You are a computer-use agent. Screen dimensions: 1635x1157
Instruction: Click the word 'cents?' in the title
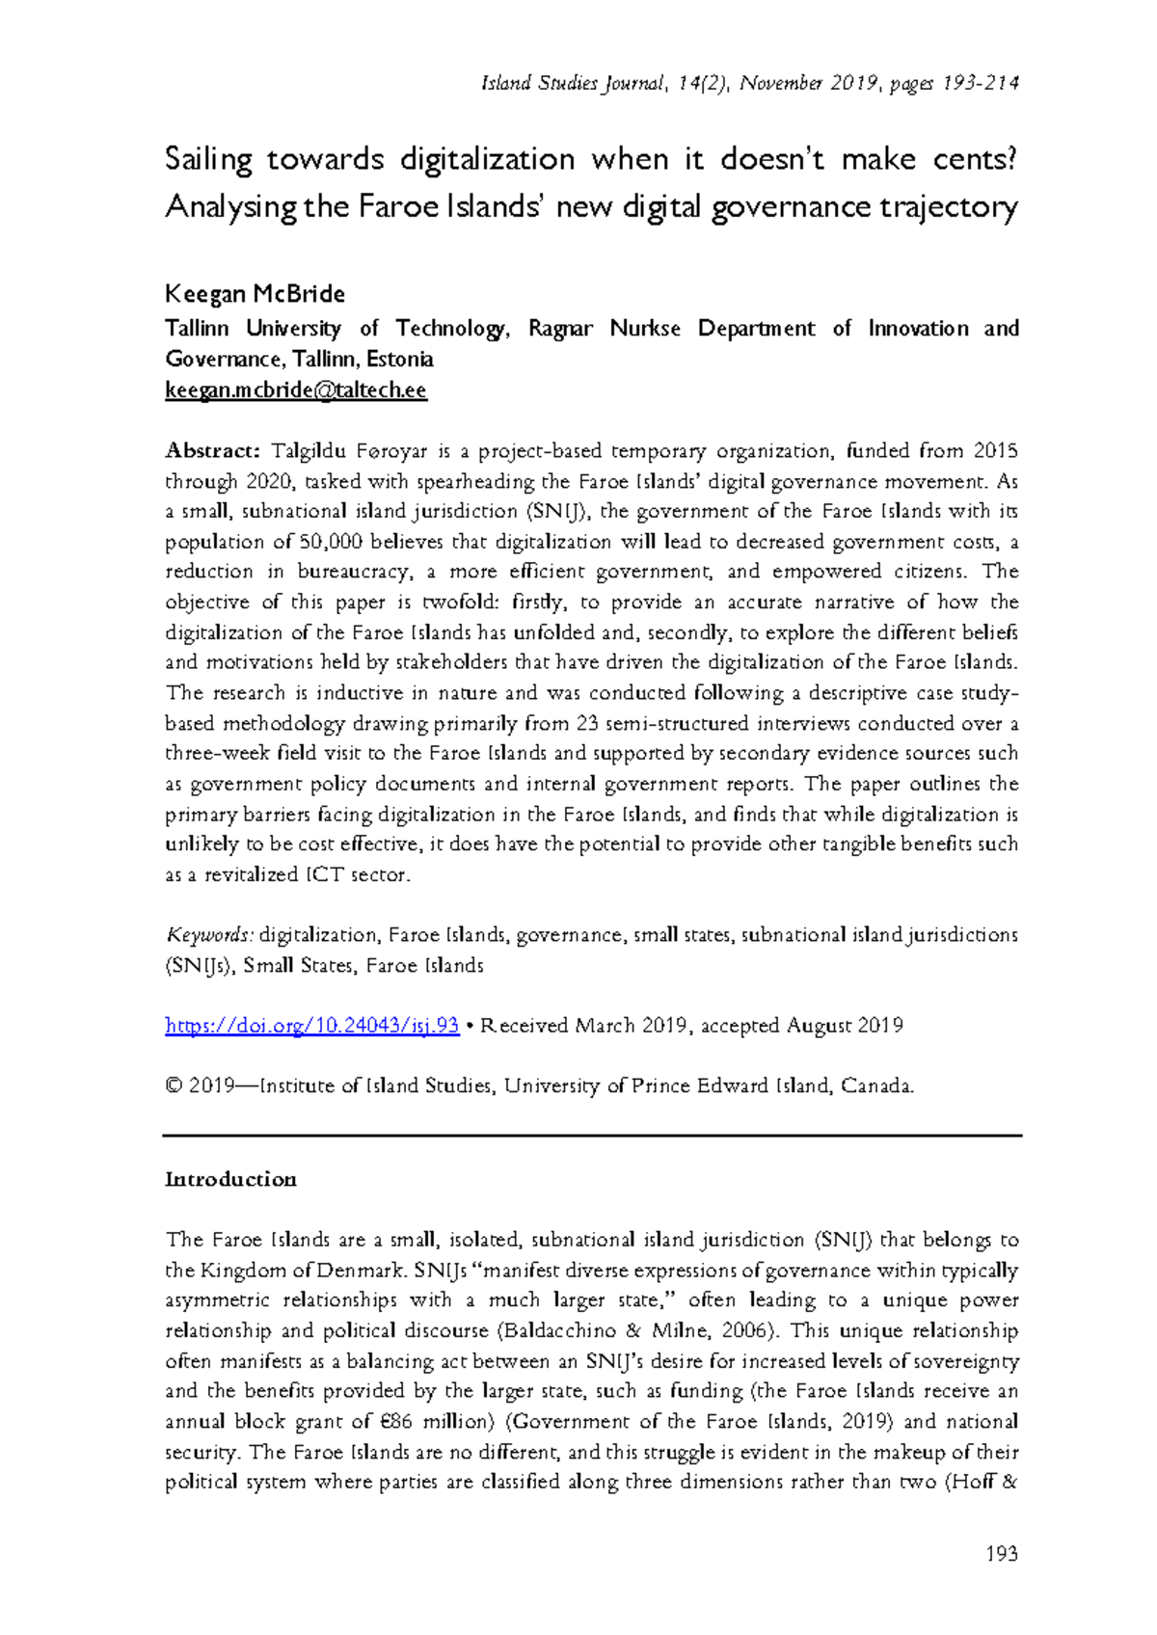click(x=975, y=158)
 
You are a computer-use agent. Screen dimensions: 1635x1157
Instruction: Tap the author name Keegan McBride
click(x=255, y=294)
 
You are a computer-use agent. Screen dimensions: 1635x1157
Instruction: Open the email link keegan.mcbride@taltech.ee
click(x=296, y=390)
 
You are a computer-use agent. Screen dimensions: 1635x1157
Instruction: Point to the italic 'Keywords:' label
click(x=210, y=935)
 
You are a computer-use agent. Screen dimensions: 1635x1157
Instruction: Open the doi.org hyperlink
click(x=311, y=1026)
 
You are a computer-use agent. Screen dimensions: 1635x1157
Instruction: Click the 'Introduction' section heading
click(x=230, y=1179)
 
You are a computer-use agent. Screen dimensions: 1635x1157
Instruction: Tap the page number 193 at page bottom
click(x=1002, y=1553)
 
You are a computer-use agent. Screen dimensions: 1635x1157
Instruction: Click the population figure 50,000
click(x=332, y=542)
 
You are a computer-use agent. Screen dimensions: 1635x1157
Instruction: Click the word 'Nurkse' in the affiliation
click(x=645, y=329)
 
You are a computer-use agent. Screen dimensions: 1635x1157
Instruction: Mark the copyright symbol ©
click(x=174, y=1086)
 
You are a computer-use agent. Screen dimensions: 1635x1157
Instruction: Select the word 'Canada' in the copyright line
click(x=875, y=1086)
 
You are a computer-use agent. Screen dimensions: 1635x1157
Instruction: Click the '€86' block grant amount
click(x=405, y=1422)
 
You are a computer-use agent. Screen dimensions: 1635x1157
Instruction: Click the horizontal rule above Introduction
click(x=592, y=1136)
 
